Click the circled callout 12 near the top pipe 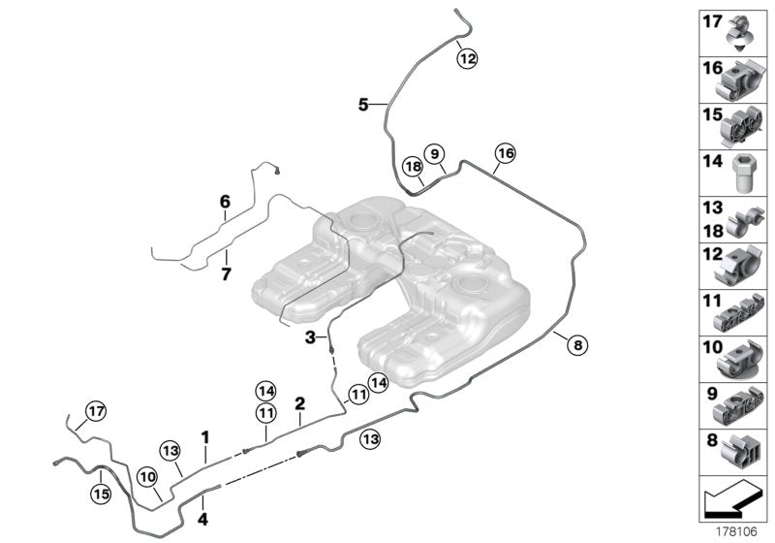coord(467,59)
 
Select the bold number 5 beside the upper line coord(363,104)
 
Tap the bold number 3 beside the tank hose coord(310,337)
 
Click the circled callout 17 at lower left coord(94,411)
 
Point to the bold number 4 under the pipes coord(202,502)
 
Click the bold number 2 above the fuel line coord(300,401)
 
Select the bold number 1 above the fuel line coord(205,437)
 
